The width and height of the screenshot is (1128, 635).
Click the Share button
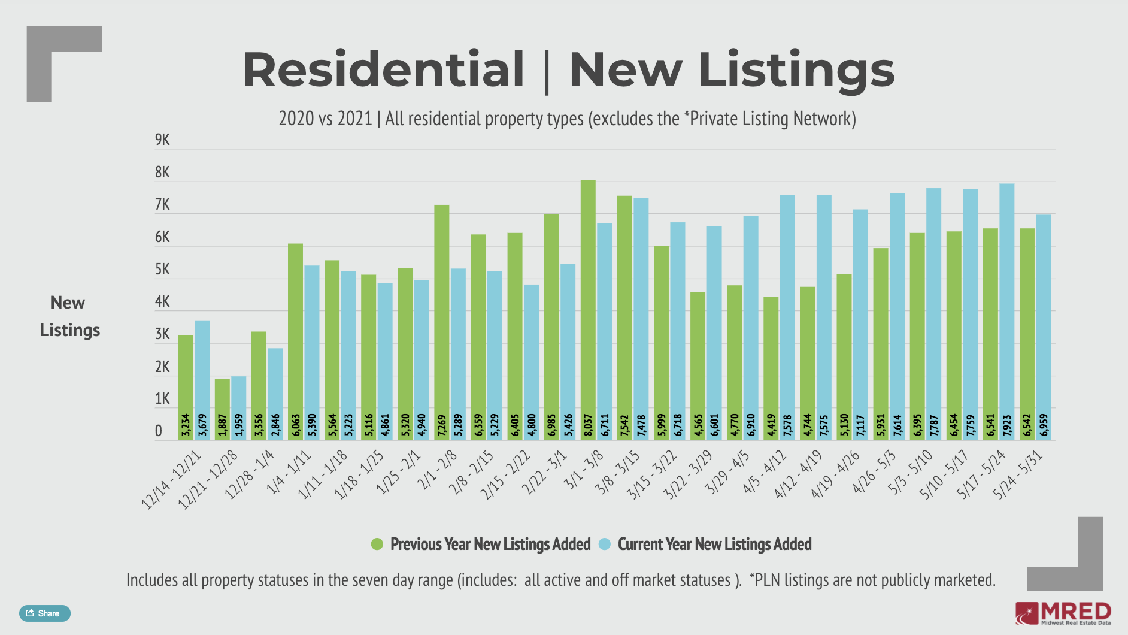click(44, 613)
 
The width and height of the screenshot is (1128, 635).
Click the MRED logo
click(1063, 613)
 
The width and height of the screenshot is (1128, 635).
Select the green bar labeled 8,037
click(588, 300)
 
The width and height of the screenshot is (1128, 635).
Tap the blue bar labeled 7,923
click(1006, 300)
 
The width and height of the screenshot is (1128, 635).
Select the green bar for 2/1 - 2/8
click(442, 312)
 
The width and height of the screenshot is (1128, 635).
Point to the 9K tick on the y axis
click(162, 140)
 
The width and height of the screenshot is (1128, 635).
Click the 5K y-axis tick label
click(162, 270)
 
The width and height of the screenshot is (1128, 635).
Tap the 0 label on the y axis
click(158, 431)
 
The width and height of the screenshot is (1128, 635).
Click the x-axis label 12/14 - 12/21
click(171, 480)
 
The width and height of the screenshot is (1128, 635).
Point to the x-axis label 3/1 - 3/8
click(583, 470)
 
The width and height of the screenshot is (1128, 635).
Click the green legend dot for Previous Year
click(377, 544)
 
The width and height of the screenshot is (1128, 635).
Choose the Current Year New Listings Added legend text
click(714, 544)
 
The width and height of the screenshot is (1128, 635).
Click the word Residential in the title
click(383, 70)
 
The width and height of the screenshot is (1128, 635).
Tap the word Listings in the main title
click(796, 70)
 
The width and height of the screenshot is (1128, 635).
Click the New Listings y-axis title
click(69, 316)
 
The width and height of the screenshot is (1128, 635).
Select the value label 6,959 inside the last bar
click(1044, 425)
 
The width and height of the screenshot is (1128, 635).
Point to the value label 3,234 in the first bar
click(186, 425)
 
